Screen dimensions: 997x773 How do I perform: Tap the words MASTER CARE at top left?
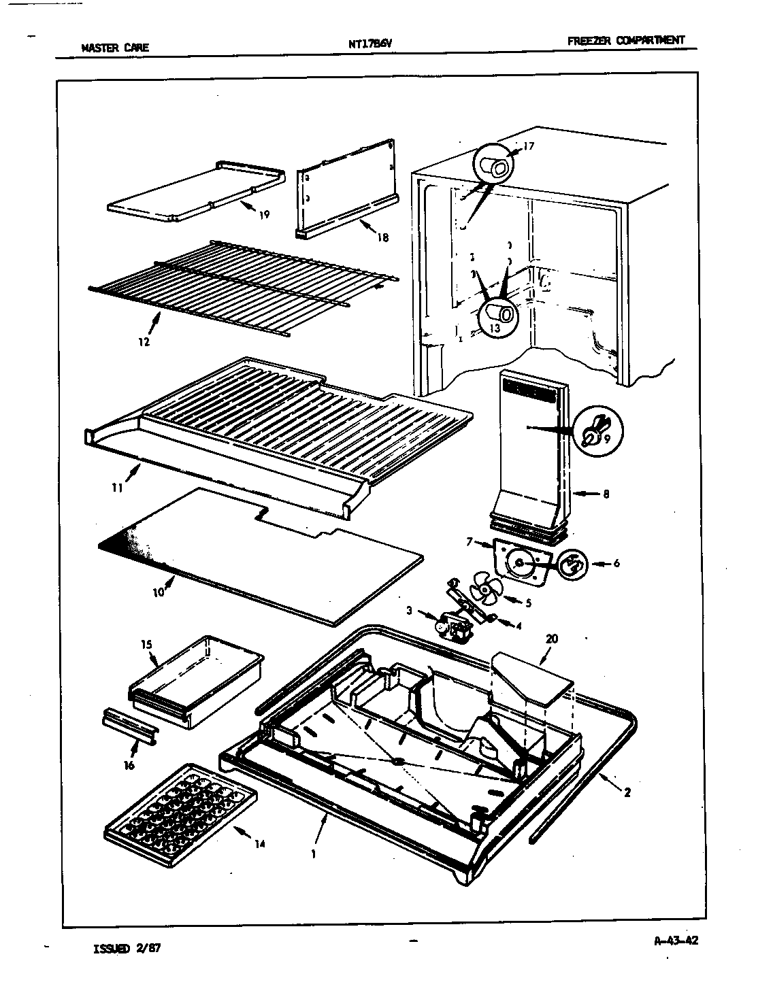coord(114,48)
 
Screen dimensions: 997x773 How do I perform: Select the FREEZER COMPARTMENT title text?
coord(625,40)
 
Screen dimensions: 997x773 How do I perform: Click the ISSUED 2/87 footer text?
coord(127,947)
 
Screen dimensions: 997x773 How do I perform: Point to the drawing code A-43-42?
coord(676,941)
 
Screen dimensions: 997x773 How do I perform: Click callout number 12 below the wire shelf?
coord(144,342)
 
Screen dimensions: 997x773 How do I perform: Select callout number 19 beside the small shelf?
coord(264,215)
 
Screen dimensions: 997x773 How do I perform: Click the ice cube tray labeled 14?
coord(180,815)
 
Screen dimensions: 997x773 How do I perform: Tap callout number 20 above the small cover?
coord(551,639)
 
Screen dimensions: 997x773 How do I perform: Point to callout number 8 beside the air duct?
coord(605,494)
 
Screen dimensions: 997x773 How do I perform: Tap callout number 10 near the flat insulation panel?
coord(158,592)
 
